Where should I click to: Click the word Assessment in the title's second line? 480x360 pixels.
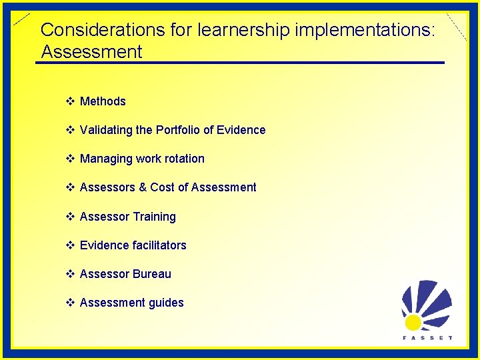(91, 52)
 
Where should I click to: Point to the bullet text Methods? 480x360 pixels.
(103, 101)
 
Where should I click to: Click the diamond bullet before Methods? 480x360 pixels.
(70, 101)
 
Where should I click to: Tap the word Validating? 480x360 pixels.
(106, 130)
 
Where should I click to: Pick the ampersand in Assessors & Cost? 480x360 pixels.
(143, 187)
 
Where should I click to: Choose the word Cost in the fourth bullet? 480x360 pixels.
(162, 187)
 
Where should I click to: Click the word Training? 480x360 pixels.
(154, 217)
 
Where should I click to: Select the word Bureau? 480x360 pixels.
(152, 274)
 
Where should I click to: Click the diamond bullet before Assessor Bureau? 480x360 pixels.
(70, 274)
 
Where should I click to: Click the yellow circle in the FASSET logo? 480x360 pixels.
(413, 323)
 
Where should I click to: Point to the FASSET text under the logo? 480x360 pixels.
(427, 338)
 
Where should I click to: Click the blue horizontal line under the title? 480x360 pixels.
(240, 63)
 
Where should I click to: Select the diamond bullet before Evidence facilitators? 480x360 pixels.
(70, 245)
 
